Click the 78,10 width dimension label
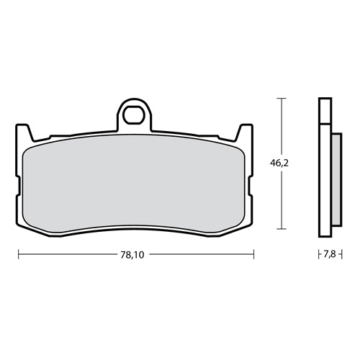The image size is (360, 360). [x=132, y=255]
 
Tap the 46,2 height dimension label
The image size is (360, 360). [x=279, y=163]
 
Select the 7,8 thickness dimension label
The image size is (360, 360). [x=330, y=254]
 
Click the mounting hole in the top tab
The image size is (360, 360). [x=134, y=115]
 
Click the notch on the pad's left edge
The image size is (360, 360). [x=18, y=186]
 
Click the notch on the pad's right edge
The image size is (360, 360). [x=251, y=186]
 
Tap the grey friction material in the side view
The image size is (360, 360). [x=337, y=179]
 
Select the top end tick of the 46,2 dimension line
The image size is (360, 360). [x=282, y=98]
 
